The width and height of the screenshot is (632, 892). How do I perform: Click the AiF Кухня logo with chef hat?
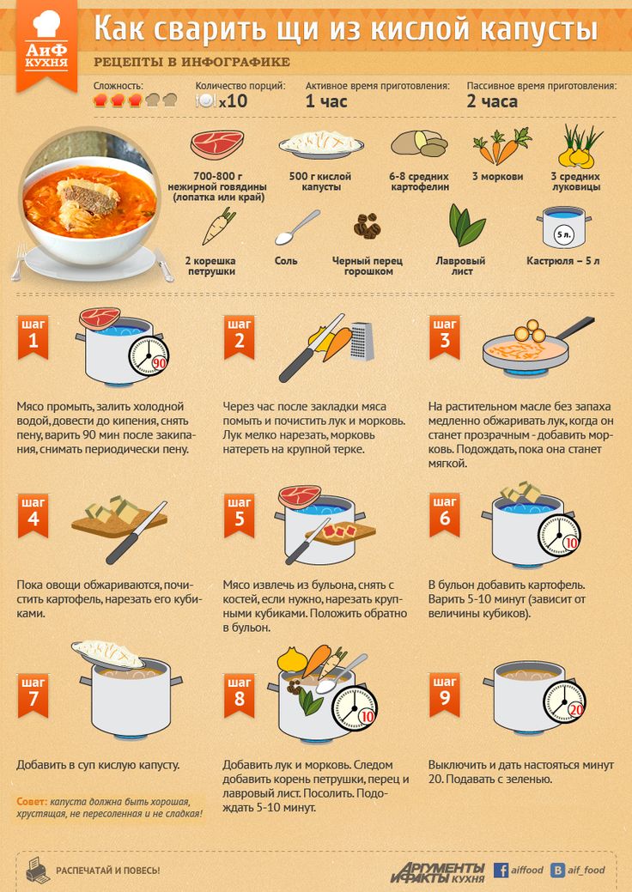[46, 44]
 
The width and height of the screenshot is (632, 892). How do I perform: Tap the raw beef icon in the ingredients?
[217, 144]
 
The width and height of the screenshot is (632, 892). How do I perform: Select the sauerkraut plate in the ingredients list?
[321, 144]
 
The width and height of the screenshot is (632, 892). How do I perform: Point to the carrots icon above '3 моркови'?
[501, 145]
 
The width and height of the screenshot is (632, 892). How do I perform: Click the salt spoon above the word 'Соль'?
[297, 227]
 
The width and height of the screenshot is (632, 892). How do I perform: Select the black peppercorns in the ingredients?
[367, 226]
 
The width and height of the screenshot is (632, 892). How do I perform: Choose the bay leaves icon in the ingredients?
[467, 225]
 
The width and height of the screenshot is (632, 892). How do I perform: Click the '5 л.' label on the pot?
[563, 234]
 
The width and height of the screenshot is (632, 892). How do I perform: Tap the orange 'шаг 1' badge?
[33, 337]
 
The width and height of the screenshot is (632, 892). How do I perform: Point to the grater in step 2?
[362, 341]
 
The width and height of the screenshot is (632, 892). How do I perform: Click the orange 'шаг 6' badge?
[445, 515]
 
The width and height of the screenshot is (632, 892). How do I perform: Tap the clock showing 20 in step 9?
[564, 703]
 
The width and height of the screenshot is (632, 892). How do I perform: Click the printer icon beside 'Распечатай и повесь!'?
[38, 869]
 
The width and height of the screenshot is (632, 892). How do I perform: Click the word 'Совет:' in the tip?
[32, 802]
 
